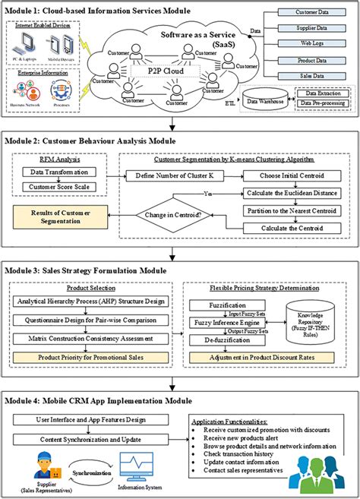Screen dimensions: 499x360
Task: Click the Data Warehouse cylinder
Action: click(251, 101)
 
